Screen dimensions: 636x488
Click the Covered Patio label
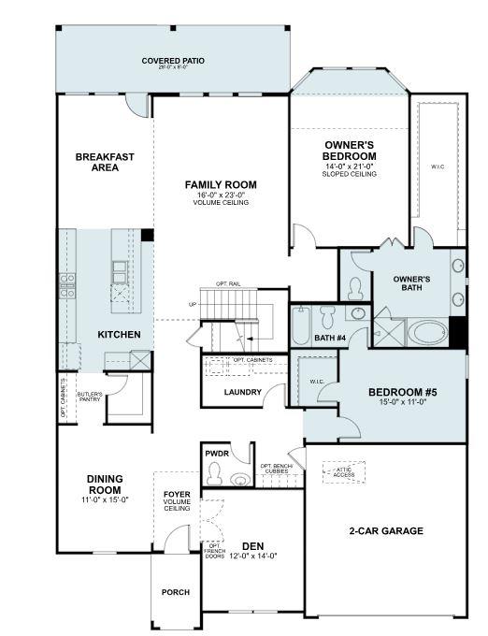coord(173,63)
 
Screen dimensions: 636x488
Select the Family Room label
coord(221,185)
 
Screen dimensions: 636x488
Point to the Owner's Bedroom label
coord(350,151)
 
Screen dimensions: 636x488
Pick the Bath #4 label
coord(329,339)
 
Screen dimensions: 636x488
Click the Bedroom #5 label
coord(403,392)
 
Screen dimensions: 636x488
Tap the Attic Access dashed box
coord(344,472)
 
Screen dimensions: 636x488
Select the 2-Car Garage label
coord(386,531)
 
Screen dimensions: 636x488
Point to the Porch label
coord(175,592)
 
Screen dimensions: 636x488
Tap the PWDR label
coord(216,454)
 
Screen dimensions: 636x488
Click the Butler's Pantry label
coord(90,397)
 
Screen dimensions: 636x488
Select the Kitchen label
coord(120,334)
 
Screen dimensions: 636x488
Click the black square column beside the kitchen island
coord(147,235)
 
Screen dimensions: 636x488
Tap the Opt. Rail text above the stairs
coord(228,283)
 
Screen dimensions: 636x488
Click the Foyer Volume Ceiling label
coord(177,500)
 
